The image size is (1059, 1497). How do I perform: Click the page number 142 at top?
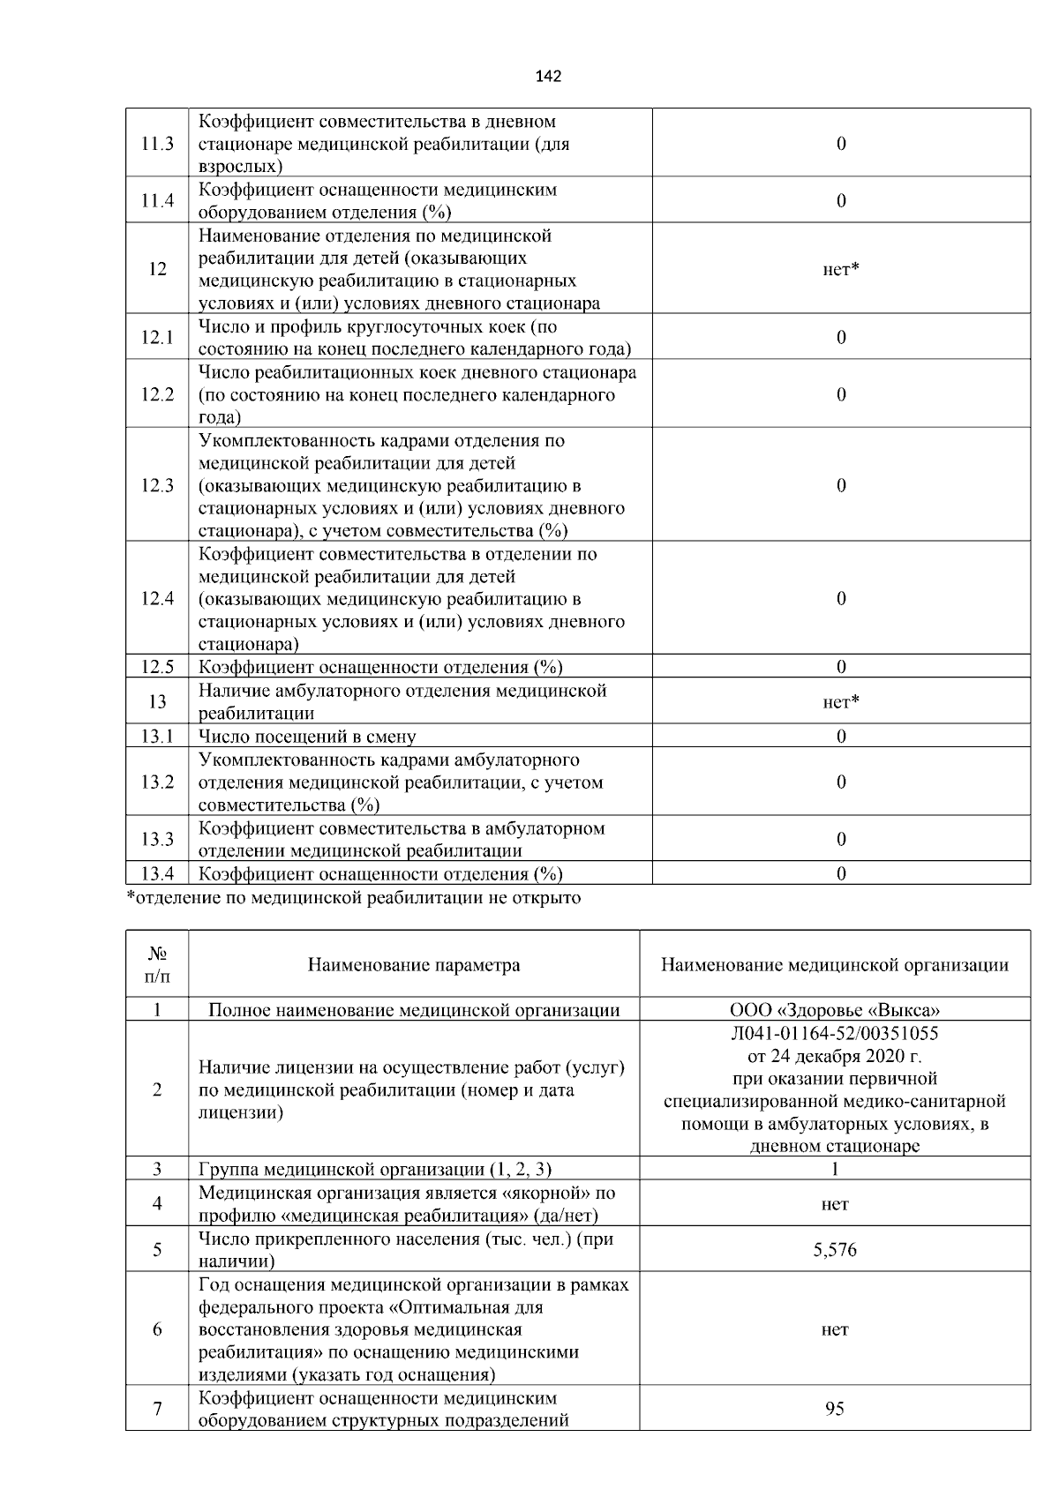click(x=548, y=77)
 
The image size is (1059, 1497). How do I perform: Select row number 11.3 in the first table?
click(x=157, y=144)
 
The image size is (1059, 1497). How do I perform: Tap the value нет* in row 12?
click(x=840, y=269)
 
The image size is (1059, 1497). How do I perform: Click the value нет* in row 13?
click(x=840, y=702)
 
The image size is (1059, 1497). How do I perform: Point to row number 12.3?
click(x=157, y=485)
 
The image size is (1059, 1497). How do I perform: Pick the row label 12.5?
click(x=157, y=667)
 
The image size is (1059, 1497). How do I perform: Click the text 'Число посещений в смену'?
click(x=307, y=737)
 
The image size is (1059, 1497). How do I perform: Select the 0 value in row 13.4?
click(x=841, y=873)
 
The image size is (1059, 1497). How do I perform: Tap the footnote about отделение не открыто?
click(x=354, y=898)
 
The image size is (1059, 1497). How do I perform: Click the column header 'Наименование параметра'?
click(x=414, y=965)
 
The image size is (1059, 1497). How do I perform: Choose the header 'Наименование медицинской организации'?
click(x=835, y=965)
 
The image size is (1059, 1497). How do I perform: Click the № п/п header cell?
click(x=157, y=965)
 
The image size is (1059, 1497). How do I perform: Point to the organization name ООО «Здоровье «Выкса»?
click(x=835, y=1010)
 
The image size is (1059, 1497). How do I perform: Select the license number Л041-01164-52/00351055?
click(x=835, y=1033)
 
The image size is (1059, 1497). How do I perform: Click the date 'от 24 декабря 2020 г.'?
click(x=835, y=1056)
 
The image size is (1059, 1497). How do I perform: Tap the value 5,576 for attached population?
click(x=835, y=1250)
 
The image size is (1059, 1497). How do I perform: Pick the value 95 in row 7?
click(x=835, y=1409)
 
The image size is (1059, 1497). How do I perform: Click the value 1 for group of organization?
click(x=835, y=1170)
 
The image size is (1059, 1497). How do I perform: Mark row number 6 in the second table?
click(x=157, y=1329)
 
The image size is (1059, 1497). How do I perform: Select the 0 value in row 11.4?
click(x=841, y=200)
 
